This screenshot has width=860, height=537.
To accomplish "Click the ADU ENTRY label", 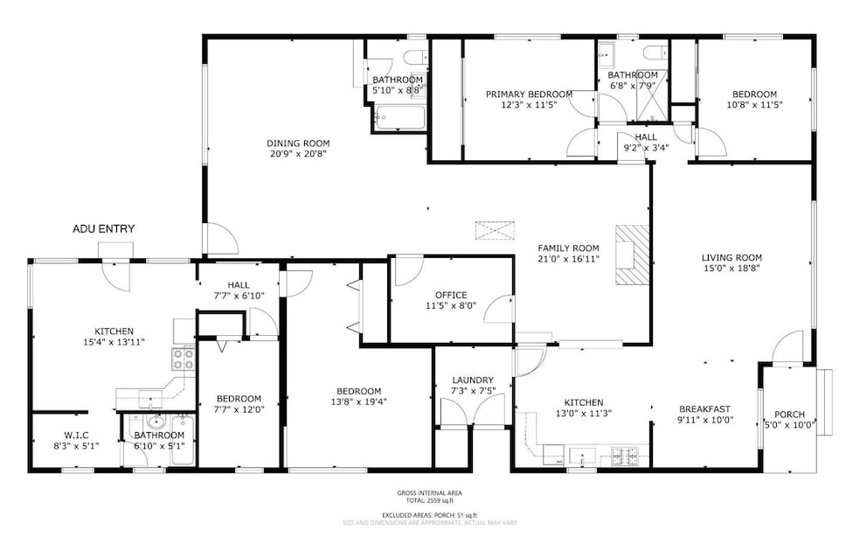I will (x=104, y=229).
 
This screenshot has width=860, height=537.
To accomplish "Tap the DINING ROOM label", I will (x=298, y=143).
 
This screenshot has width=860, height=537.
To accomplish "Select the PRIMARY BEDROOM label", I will (x=529, y=94).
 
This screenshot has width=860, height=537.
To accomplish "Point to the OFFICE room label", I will (x=450, y=295).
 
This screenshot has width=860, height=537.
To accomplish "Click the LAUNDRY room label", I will (x=473, y=380).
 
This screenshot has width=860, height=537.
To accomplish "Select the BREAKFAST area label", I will (x=704, y=408).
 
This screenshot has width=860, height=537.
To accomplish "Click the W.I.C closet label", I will (x=76, y=435).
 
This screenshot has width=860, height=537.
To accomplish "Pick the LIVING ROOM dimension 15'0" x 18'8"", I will (x=732, y=269).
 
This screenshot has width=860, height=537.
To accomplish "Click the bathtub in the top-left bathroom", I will (x=399, y=116).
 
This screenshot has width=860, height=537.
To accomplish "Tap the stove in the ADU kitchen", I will (x=183, y=359).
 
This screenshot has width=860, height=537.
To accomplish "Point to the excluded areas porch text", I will (x=429, y=516).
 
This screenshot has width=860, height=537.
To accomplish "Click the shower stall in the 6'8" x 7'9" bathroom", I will (x=651, y=102).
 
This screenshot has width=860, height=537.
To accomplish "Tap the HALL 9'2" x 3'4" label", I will (x=646, y=143).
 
